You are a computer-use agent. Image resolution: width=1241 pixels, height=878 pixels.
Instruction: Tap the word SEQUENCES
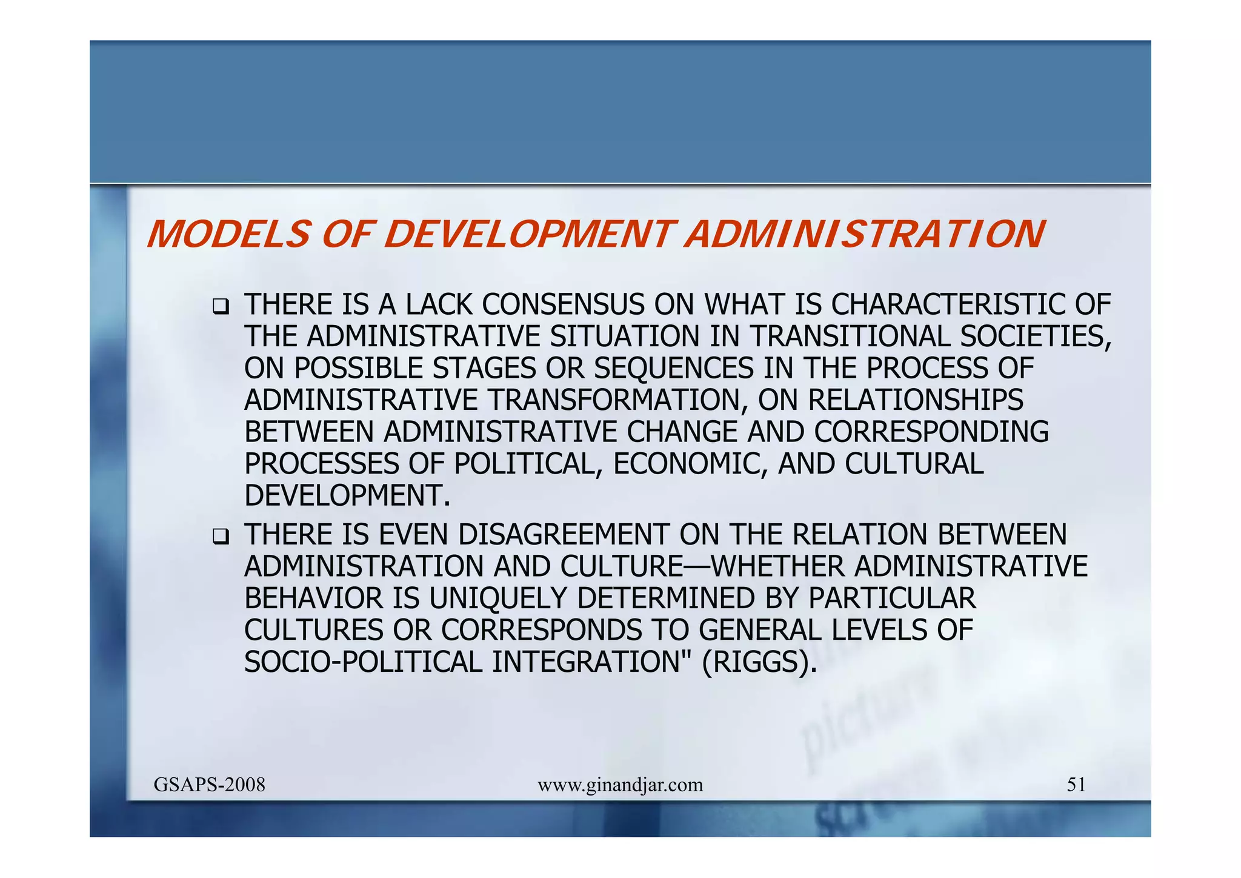(674, 369)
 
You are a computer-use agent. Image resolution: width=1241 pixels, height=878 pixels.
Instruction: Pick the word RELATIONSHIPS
(916, 400)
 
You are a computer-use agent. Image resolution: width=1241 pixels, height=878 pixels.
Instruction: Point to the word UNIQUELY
(499, 598)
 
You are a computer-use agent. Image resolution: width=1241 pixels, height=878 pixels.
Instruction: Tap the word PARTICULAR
(892, 598)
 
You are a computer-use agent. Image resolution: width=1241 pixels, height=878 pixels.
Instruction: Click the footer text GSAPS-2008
(210, 785)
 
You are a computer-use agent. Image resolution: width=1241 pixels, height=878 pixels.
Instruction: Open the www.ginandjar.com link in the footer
(620, 785)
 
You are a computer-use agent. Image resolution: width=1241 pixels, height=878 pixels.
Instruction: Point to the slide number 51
(1076, 785)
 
